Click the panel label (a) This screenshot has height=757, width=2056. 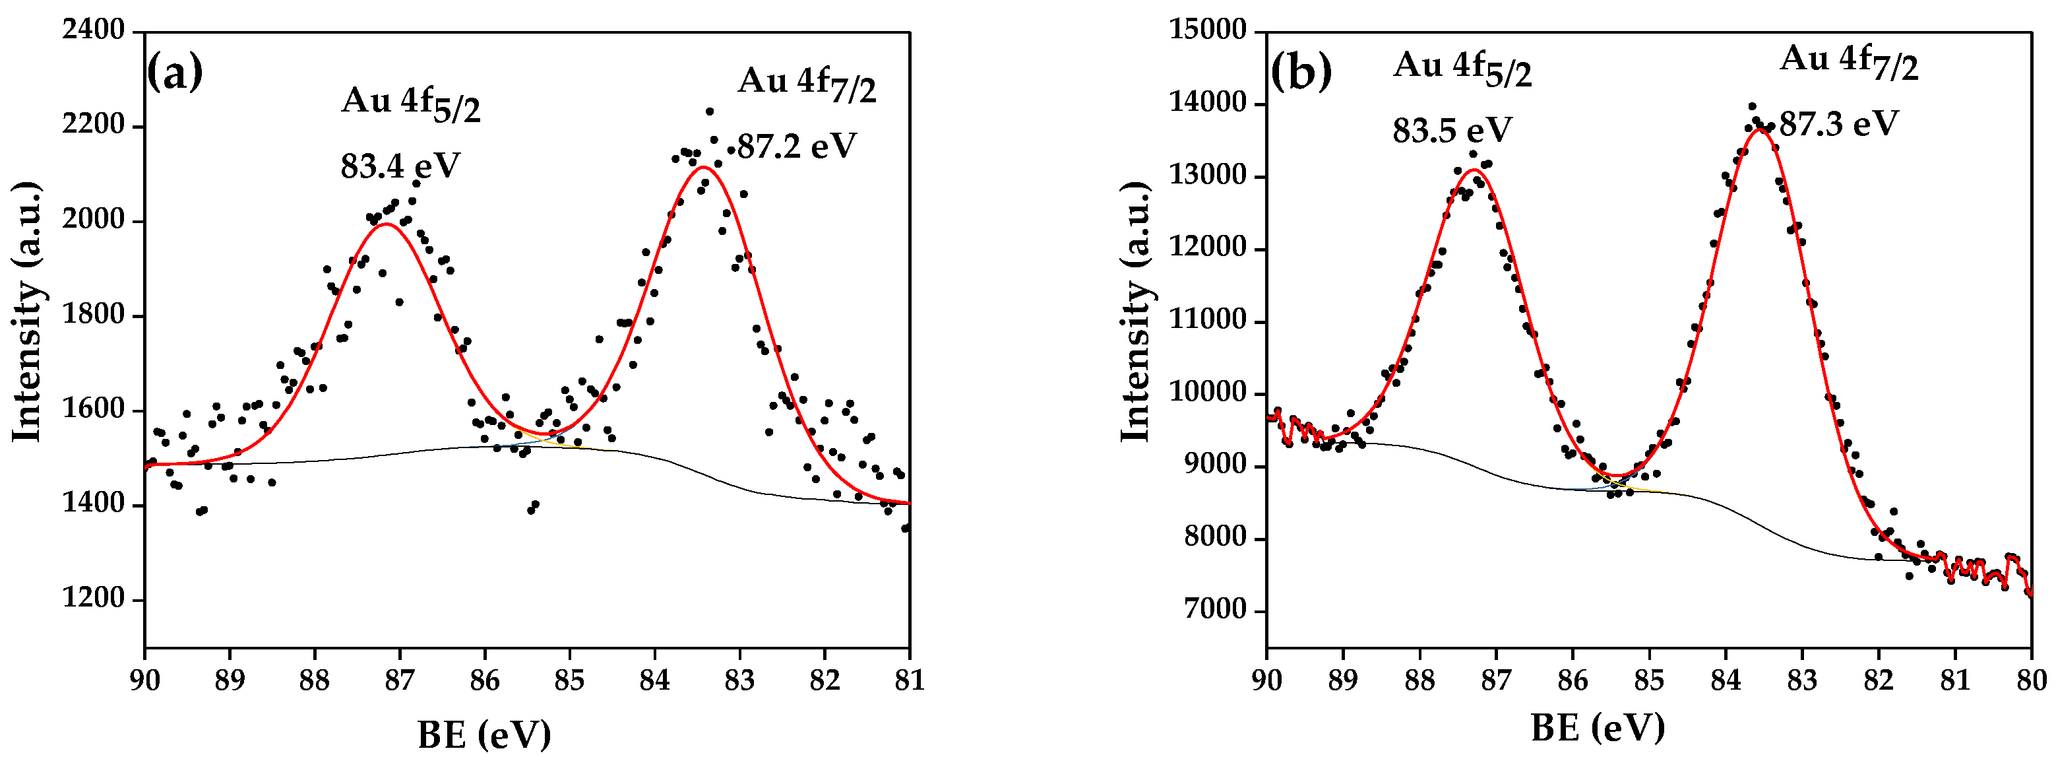click(175, 72)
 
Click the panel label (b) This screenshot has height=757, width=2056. click(1301, 72)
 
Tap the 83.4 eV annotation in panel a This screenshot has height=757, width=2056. click(400, 166)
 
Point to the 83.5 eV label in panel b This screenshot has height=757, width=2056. click(1452, 129)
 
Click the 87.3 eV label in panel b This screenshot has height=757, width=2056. click(1838, 124)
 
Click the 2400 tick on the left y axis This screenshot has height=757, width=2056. click(94, 30)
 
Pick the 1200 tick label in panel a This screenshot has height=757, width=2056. click(94, 599)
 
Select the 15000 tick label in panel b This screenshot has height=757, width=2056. click(1207, 30)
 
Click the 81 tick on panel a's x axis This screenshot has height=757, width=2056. click(909, 680)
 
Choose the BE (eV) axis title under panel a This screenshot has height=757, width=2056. click(483, 733)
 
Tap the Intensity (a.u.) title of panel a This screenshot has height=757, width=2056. click(26, 312)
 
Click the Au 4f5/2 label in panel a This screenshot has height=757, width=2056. click(411, 104)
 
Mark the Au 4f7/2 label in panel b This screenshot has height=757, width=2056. click(1848, 61)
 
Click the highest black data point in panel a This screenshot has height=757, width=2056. click(708, 112)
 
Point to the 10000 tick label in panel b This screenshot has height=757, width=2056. click(1207, 393)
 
